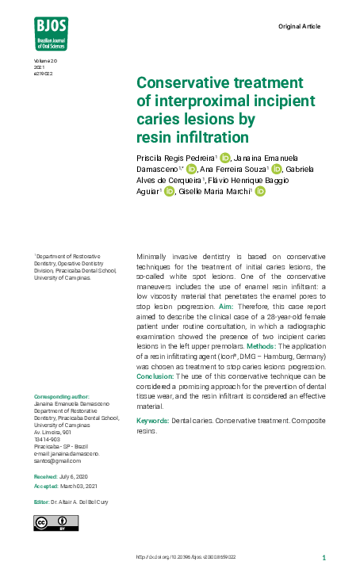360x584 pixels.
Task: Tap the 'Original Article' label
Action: [300, 27]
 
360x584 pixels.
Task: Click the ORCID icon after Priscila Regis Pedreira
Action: [224, 158]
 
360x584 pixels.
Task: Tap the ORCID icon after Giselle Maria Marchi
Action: [259, 191]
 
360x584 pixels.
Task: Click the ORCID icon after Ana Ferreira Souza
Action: [277, 169]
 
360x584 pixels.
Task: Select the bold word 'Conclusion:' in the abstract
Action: [155, 376]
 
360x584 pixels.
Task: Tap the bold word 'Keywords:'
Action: [153, 421]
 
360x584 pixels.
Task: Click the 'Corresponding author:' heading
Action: [62, 396]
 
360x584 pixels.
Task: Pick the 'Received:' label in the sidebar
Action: [45, 476]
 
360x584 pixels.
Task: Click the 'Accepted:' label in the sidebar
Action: [46, 485]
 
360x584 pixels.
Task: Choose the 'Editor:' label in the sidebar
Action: [41, 502]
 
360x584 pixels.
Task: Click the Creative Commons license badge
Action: [56, 522]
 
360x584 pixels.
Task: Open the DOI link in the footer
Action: [186, 557]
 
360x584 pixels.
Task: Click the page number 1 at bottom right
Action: [324, 557]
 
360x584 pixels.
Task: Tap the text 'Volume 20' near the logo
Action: [45, 61]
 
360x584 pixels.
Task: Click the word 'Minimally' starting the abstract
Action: [154, 257]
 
